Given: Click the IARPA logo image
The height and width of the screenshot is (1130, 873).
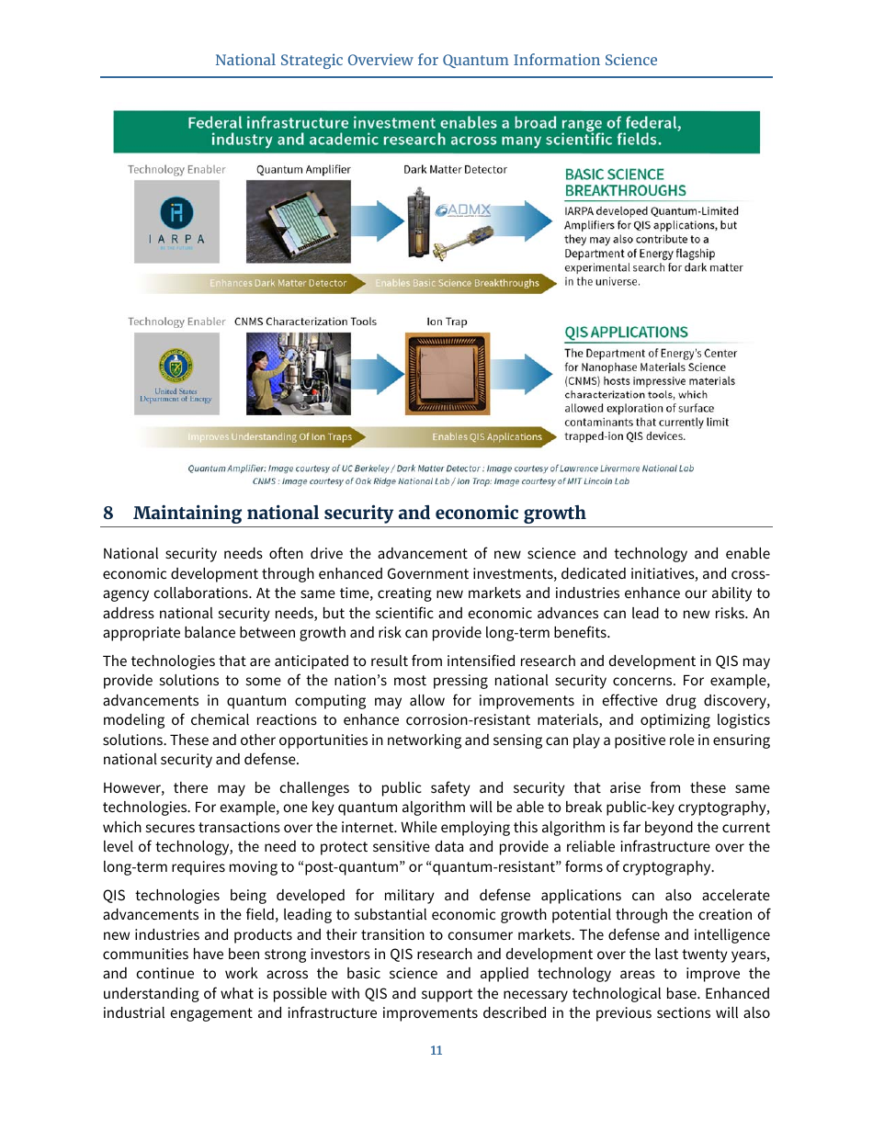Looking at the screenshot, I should (176, 222).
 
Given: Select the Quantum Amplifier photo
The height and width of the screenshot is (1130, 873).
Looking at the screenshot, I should (298, 221).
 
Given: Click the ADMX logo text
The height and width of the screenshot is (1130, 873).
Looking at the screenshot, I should (463, 210).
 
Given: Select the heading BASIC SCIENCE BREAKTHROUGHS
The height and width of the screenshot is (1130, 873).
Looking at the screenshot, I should (625, 182).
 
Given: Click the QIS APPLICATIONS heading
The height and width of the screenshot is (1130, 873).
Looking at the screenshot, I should (625, 333).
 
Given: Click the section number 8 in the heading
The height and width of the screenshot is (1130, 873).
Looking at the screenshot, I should (108, 513).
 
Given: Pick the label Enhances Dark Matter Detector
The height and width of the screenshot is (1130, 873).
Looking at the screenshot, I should (278, 283).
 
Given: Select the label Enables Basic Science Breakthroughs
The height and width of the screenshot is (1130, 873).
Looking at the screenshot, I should (457, 283).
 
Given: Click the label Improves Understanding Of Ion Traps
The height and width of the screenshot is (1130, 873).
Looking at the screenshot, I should (269, 436).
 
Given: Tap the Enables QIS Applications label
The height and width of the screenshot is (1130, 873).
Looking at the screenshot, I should (487, 436).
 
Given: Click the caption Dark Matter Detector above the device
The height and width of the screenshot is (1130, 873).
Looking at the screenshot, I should (455, 169).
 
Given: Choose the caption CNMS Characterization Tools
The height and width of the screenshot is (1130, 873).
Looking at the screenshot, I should (305, 322).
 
